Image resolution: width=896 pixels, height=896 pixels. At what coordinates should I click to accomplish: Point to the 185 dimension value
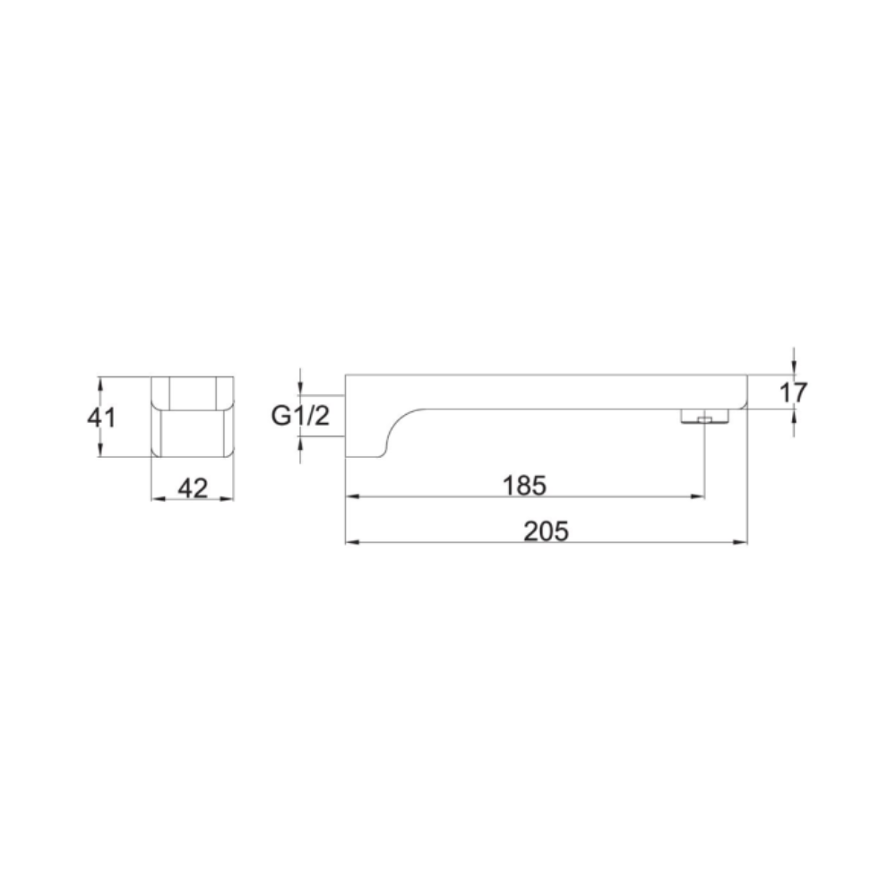click(524, 485)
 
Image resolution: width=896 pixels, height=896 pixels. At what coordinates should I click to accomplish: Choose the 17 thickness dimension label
click(793, 392)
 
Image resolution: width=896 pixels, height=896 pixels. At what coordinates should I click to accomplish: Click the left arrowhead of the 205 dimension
click(352, 542)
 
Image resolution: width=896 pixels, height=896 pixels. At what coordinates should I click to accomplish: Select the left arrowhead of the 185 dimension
click(352, 495)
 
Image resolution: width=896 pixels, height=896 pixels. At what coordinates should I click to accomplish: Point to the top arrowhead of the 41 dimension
click(101, 382)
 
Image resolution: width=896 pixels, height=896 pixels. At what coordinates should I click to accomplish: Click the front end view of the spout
click(192, 417)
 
